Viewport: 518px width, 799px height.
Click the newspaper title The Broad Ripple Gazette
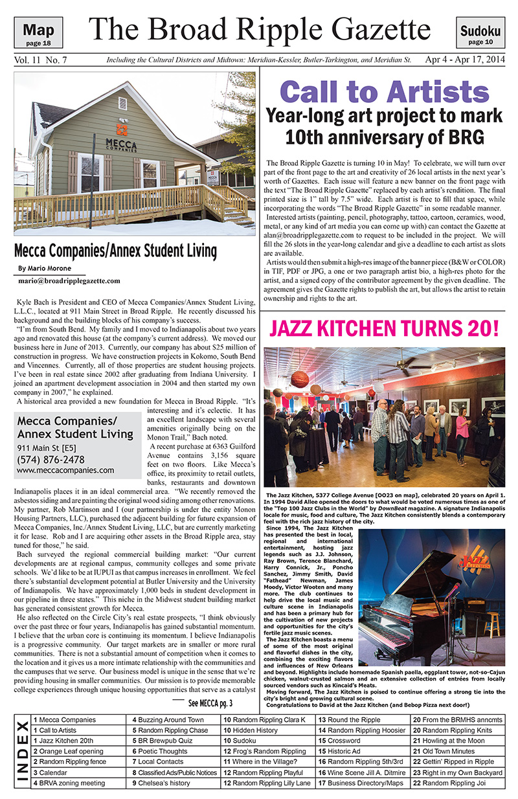[260, 29]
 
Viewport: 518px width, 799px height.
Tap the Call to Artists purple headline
[383, 91]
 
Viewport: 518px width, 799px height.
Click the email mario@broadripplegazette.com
[70, 281]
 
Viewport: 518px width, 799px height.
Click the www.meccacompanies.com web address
[65, 470]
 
